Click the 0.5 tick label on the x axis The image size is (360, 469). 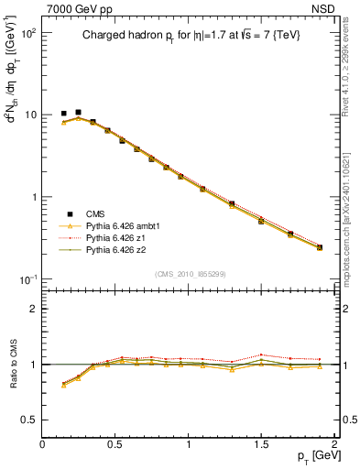click(x=115, y=444)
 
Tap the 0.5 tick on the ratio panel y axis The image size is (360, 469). click(x=30, y=420)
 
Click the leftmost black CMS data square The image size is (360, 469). click(x=63, y=114)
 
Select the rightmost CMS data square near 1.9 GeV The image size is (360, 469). click(x=320, y=247)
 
